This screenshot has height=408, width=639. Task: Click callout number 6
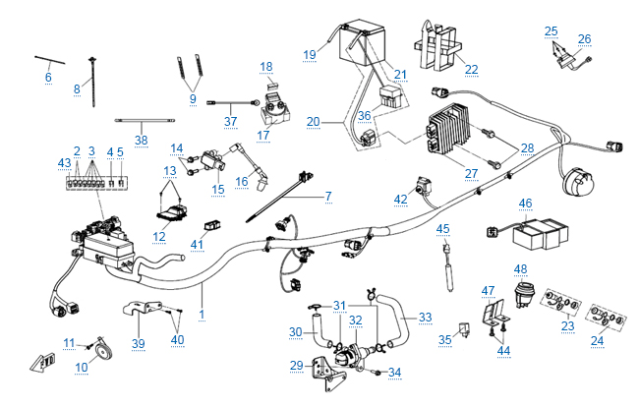click(48, 77)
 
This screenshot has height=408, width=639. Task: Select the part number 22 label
click(471, 69)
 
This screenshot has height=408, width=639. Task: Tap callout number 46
click(525, 204)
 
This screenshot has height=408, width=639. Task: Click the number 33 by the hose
click(425, 317)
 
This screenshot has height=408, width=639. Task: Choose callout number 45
click(442, 229)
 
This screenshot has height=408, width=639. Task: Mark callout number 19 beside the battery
click(310, 53)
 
